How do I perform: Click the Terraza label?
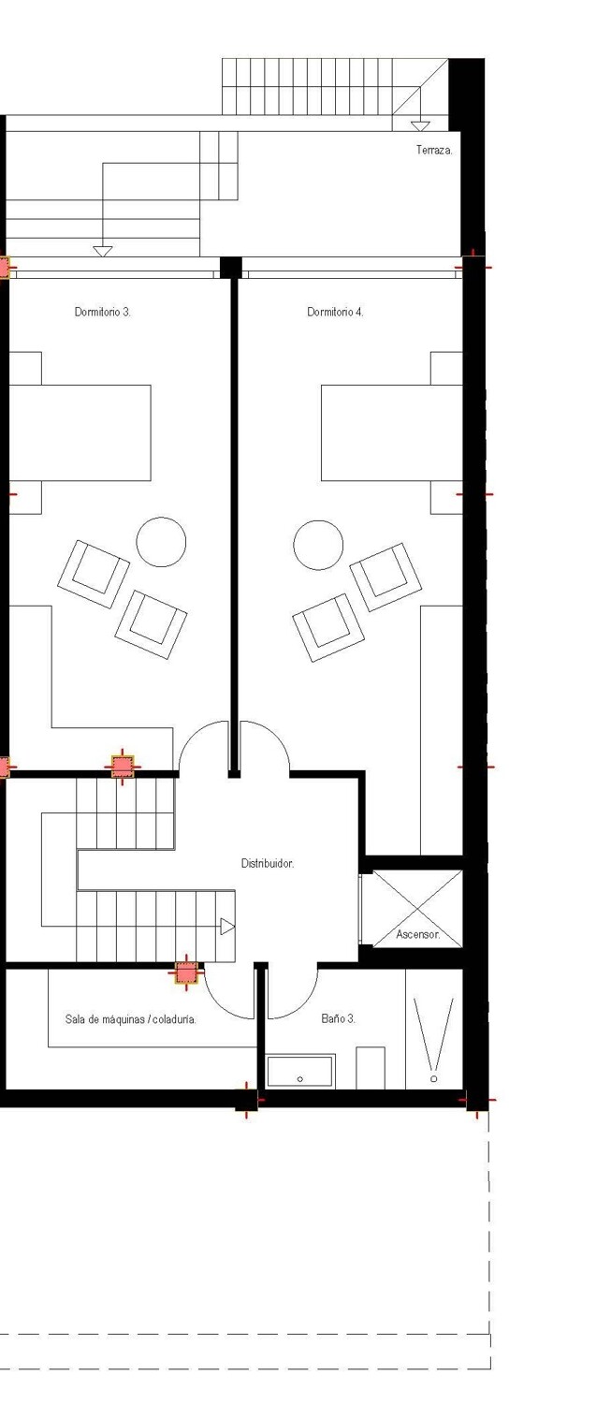(434, 150)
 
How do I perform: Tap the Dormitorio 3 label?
(103, 312)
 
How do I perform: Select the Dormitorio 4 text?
(335, 312)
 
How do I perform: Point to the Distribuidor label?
(268, 864)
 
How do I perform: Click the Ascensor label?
(417, 934)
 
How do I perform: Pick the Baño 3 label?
(338, 1018)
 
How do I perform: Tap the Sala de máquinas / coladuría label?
(131, 1019)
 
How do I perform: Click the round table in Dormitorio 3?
(161, 542)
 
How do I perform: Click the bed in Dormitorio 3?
(80, 432)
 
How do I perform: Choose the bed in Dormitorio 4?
(391, 432)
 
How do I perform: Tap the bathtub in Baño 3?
(300, 1072)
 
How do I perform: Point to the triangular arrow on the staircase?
(227, 927)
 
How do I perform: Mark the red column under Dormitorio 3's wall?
(123, 766)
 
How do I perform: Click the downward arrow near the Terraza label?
(421, 125)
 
